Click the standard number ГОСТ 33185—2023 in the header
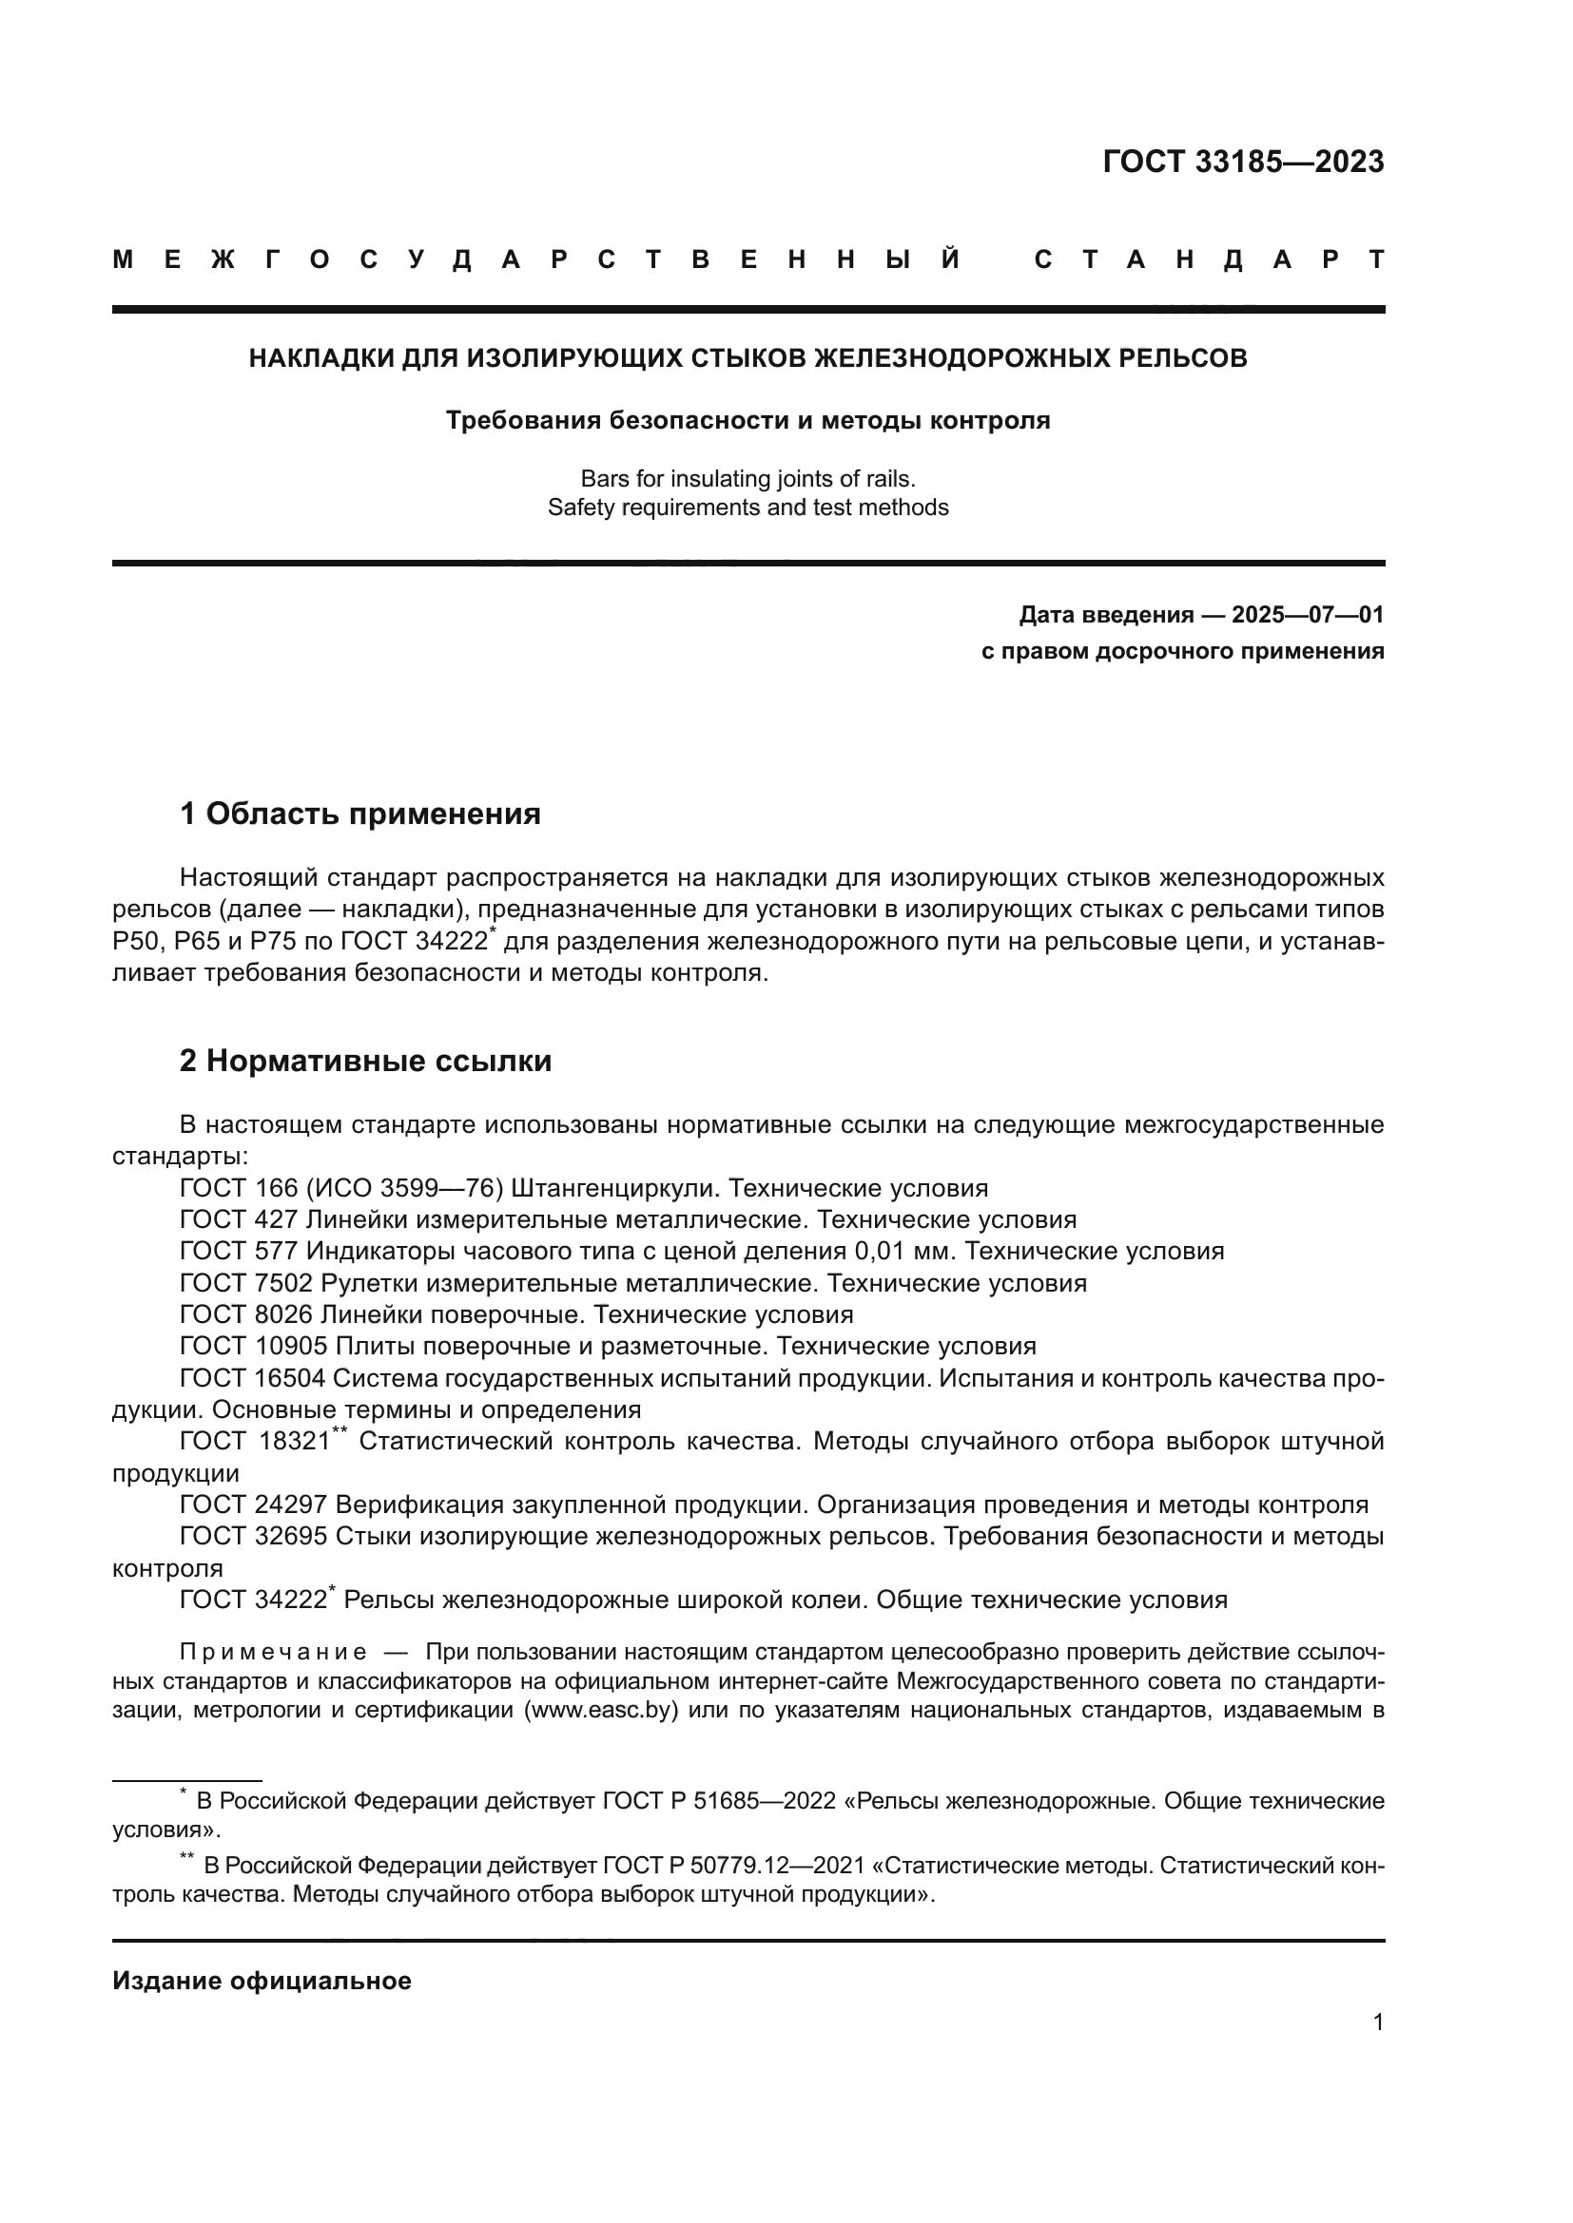point(1243,162)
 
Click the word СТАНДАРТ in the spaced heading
point(1209,259)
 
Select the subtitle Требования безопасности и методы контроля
point(747,420)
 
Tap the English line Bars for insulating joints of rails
point(747,478)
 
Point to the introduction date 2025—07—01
point(1307,615)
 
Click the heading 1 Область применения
point(360,814)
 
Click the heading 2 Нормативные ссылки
point(365,1061)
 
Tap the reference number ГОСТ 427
point(239,1219)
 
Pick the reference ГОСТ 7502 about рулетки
point(246,1283)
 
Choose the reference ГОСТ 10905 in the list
point(254,1346)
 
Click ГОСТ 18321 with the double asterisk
point(257,1442)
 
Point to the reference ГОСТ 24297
point(254,1504)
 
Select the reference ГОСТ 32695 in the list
point(254,1537)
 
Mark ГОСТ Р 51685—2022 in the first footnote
point(719,1801)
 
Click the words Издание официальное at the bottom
point(262,1981)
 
